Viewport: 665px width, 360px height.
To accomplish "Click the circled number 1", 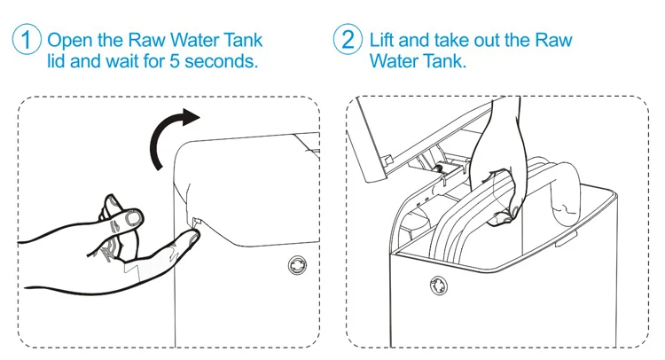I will click(27, 41).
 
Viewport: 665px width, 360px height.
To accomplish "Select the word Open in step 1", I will click(68, 41).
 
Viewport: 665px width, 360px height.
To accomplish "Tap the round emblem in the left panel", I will click(295, 265).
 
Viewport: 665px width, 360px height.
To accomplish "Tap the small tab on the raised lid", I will click(387, 160).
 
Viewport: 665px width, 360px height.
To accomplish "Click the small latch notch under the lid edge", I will click(195, 215).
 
